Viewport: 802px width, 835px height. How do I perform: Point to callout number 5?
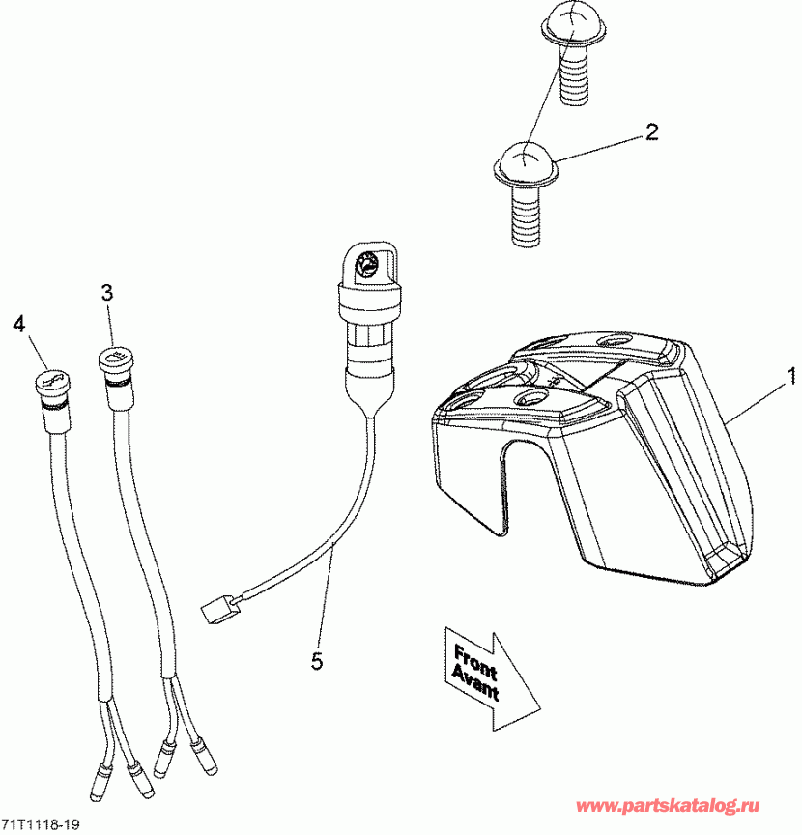tap(317, 661)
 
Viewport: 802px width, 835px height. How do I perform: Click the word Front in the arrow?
tap(475, 662)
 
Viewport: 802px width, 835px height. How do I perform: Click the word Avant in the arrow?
tap(475, 684)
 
